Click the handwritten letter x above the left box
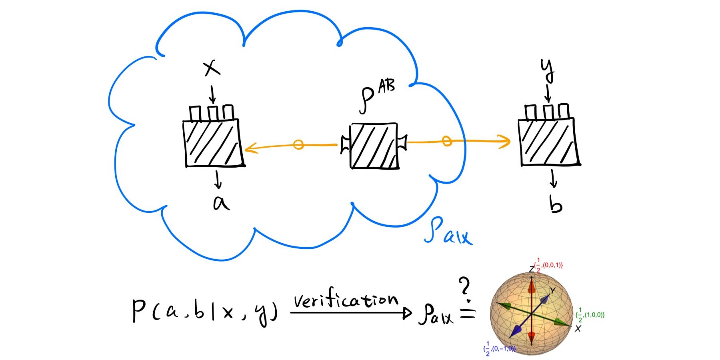(212, 68)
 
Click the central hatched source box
(374, 146)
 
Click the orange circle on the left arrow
(298, 144)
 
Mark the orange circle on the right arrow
(447, 141)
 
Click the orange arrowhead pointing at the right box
(506, 141)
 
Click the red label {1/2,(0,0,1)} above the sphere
(548, 265)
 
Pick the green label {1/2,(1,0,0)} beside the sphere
(590, 315)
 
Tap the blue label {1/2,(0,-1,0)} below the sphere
(500, 349)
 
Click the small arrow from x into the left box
(212, 94)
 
